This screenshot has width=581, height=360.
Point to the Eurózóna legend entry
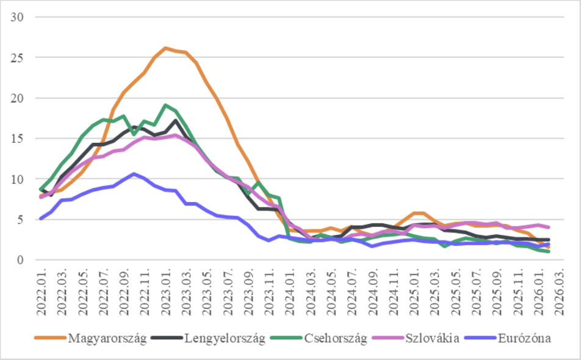[525, 339]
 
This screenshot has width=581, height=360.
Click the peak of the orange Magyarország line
[165, 48]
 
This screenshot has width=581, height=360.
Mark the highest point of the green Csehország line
[165, 106]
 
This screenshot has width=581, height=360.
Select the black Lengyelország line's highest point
[176, 120]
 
